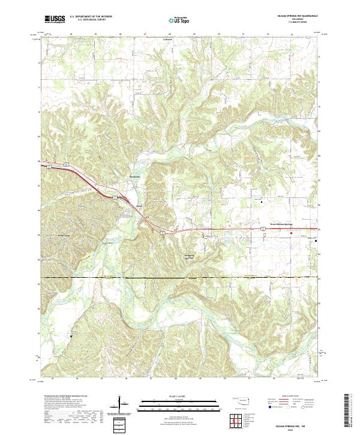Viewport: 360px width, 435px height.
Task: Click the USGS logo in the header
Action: (55, 19)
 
